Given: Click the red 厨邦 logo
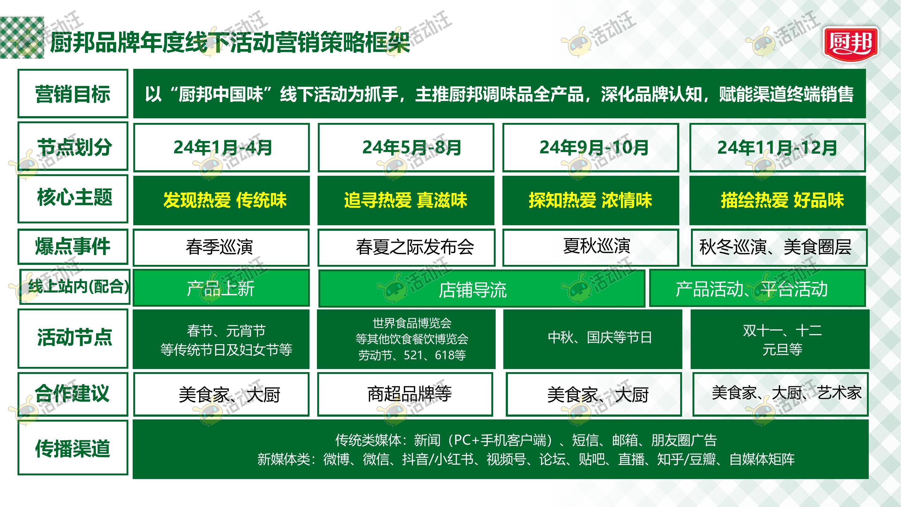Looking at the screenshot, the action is (x=851, y=44).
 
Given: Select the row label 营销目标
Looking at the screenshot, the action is (x=73, y=93).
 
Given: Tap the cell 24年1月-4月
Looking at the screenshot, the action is (x=222, y=147).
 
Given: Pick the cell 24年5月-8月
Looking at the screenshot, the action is (x=406, y=147).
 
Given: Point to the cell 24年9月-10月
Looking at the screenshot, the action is (x=591, y=147).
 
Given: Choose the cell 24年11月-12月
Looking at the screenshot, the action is (x=778, y=147).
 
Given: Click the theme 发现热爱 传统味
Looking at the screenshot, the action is (x=222, y=200).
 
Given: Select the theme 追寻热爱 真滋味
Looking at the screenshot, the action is (x=406, y=200).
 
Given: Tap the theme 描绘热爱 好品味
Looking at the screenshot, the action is (x=778, y=200).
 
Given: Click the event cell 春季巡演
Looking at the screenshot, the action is (x=221, y=247).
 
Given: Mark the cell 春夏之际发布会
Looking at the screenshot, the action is (x=406, y=247).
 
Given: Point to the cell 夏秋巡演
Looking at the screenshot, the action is (x=591, y=247).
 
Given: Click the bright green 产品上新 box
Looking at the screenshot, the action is (x=221, y=288).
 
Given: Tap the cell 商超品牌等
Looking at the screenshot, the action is (x=405, y=394).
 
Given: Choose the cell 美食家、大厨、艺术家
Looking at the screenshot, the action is (x=780, y=394).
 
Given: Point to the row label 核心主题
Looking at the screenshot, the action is (x=73, y=198).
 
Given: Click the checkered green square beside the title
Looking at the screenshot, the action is (x=22, y=37).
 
